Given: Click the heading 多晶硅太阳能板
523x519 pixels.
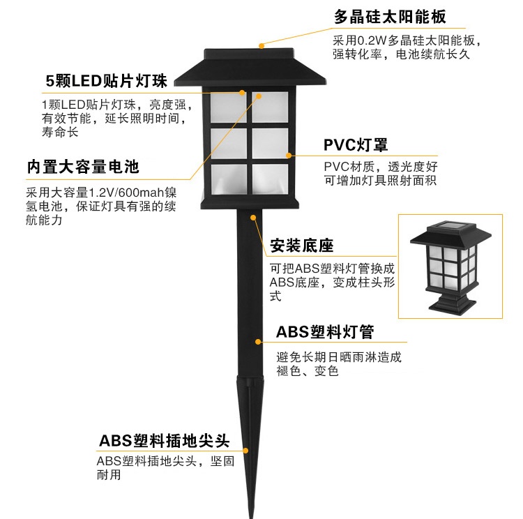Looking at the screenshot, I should (390, 16).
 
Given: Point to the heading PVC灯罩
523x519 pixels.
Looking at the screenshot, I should (356, 144).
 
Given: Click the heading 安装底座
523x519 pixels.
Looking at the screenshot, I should (301, 246).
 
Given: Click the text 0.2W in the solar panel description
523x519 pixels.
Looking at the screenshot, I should (371, 40).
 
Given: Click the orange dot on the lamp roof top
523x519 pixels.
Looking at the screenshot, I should (261, 45).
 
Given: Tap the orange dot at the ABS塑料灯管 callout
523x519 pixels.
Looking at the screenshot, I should (259, 343).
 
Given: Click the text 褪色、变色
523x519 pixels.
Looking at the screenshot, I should (307, 371).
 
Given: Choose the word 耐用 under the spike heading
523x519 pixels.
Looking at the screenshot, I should (109, 475).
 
